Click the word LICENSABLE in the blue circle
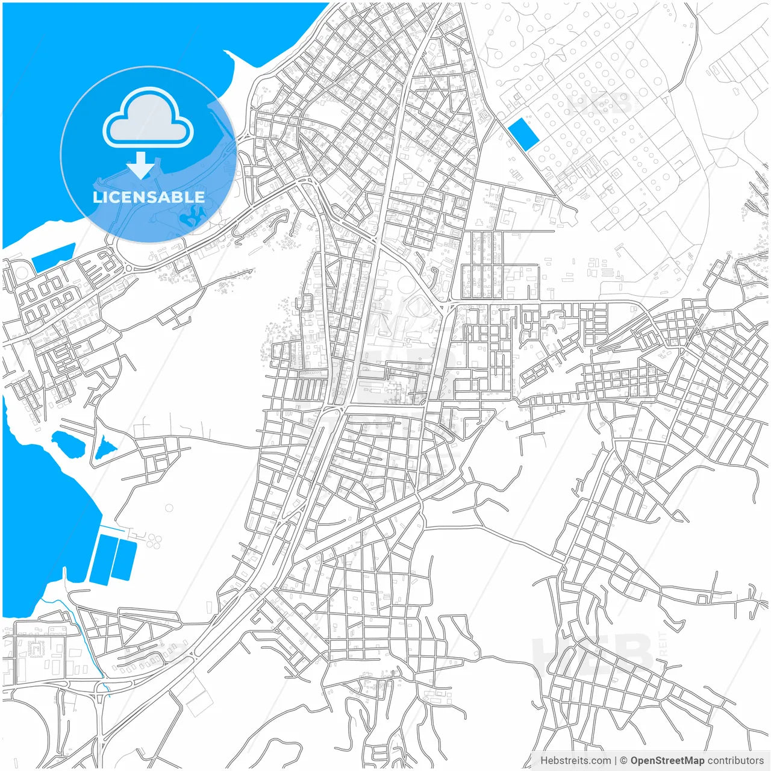pos(148,198)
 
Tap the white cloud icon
pos(148,119)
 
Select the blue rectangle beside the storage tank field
pos(523,134)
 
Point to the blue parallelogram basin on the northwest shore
pos(53,257)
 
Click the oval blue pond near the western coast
pos(70,445)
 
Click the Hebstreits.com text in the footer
pos(575,761)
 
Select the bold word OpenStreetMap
pos(667,761)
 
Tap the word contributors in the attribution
pos(735,761)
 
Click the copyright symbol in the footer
pos(623,761)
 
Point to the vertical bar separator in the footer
pos(615,761)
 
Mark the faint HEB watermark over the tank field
pos(599,104)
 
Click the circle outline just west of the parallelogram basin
pos(20,270)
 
